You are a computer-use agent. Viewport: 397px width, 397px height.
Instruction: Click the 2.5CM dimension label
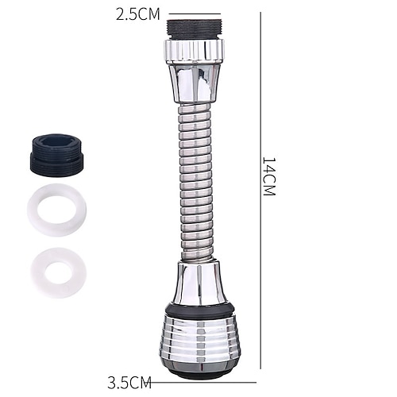pyautogui.click(x=138, y=15)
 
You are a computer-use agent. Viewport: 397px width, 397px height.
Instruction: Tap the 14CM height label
pyautogui.click(x=269, y=176)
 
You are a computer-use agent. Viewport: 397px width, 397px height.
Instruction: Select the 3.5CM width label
pyautogui.click(x=129, y=382)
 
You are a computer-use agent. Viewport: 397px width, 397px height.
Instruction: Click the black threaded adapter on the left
pyautogui.click(x=56, y=153)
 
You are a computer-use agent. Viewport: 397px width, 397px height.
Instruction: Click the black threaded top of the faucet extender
pyautogui.click(x=194, y=29)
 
